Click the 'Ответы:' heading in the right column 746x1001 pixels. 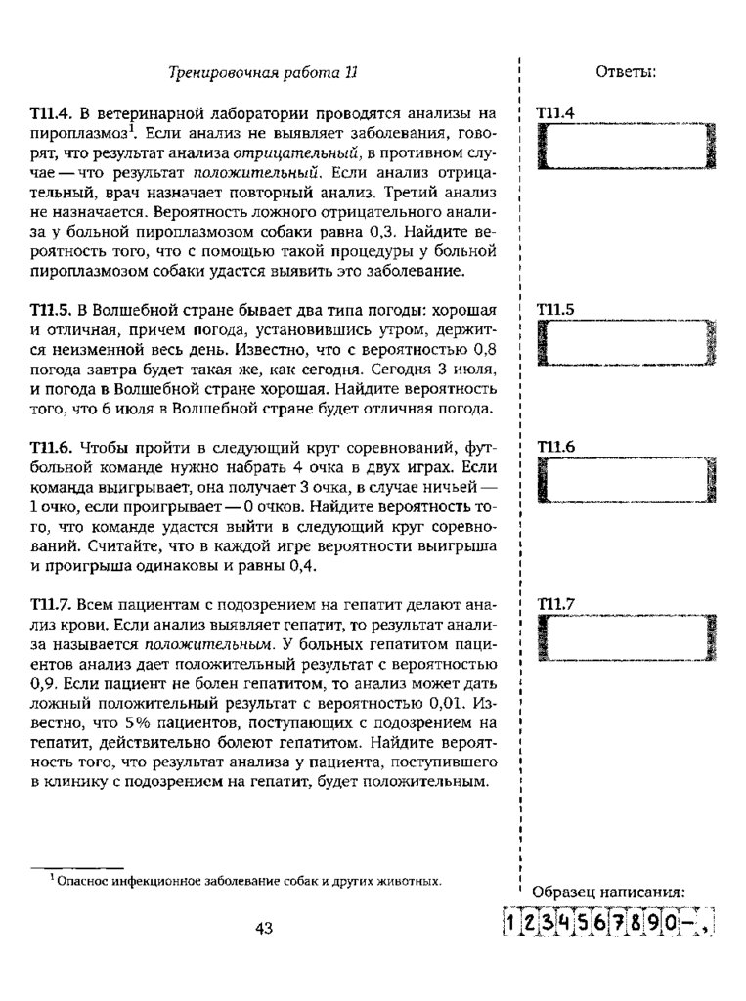tap(625, 72)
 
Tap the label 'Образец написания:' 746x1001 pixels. tap(607, 892)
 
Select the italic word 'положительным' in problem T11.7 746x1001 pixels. tap(205, 644)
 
